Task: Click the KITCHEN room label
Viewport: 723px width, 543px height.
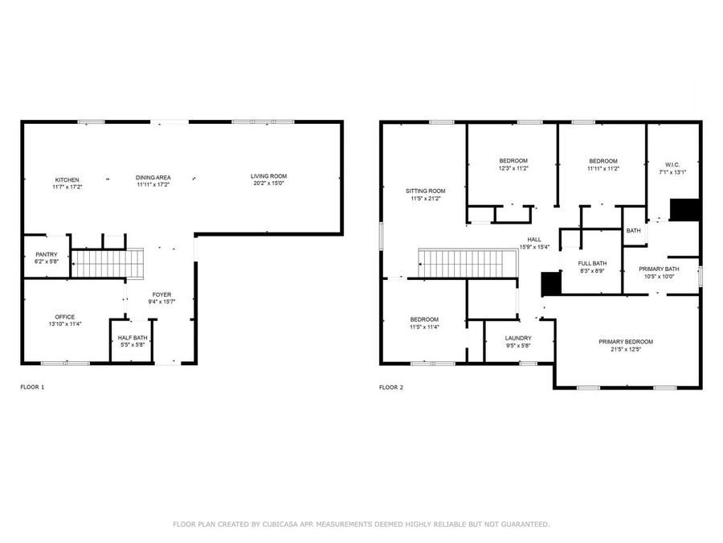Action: click(67, 179)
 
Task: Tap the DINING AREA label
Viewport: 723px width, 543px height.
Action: click(153, 177)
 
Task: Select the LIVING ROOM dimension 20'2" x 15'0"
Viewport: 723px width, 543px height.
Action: click(268, 183)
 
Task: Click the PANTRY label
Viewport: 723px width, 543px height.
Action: click(46, 254)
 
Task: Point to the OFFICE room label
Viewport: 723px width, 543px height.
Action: click(65, 316)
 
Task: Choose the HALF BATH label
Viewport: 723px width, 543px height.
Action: click(131, 338)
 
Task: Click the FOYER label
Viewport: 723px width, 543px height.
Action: click(161, 294)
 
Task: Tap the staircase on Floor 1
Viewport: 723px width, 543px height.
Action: click(108, 262)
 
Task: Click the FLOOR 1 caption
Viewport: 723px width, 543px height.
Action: click(32, 387)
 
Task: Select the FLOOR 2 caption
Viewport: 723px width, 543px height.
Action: click(391, 387)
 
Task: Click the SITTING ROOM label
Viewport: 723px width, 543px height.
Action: click(425, 191)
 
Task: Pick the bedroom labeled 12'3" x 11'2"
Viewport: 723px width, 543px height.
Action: click(513, 161)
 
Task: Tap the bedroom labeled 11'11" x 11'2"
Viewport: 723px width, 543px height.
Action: click(602, 161)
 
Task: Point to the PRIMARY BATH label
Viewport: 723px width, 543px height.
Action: click(659, 269)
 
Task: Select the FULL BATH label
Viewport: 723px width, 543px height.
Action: click(593, 263)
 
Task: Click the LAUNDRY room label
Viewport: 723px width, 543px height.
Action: click(518, 338)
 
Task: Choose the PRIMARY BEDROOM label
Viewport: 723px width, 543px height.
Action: click(626, 341)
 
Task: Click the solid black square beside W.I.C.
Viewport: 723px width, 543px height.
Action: click(685, 209)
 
